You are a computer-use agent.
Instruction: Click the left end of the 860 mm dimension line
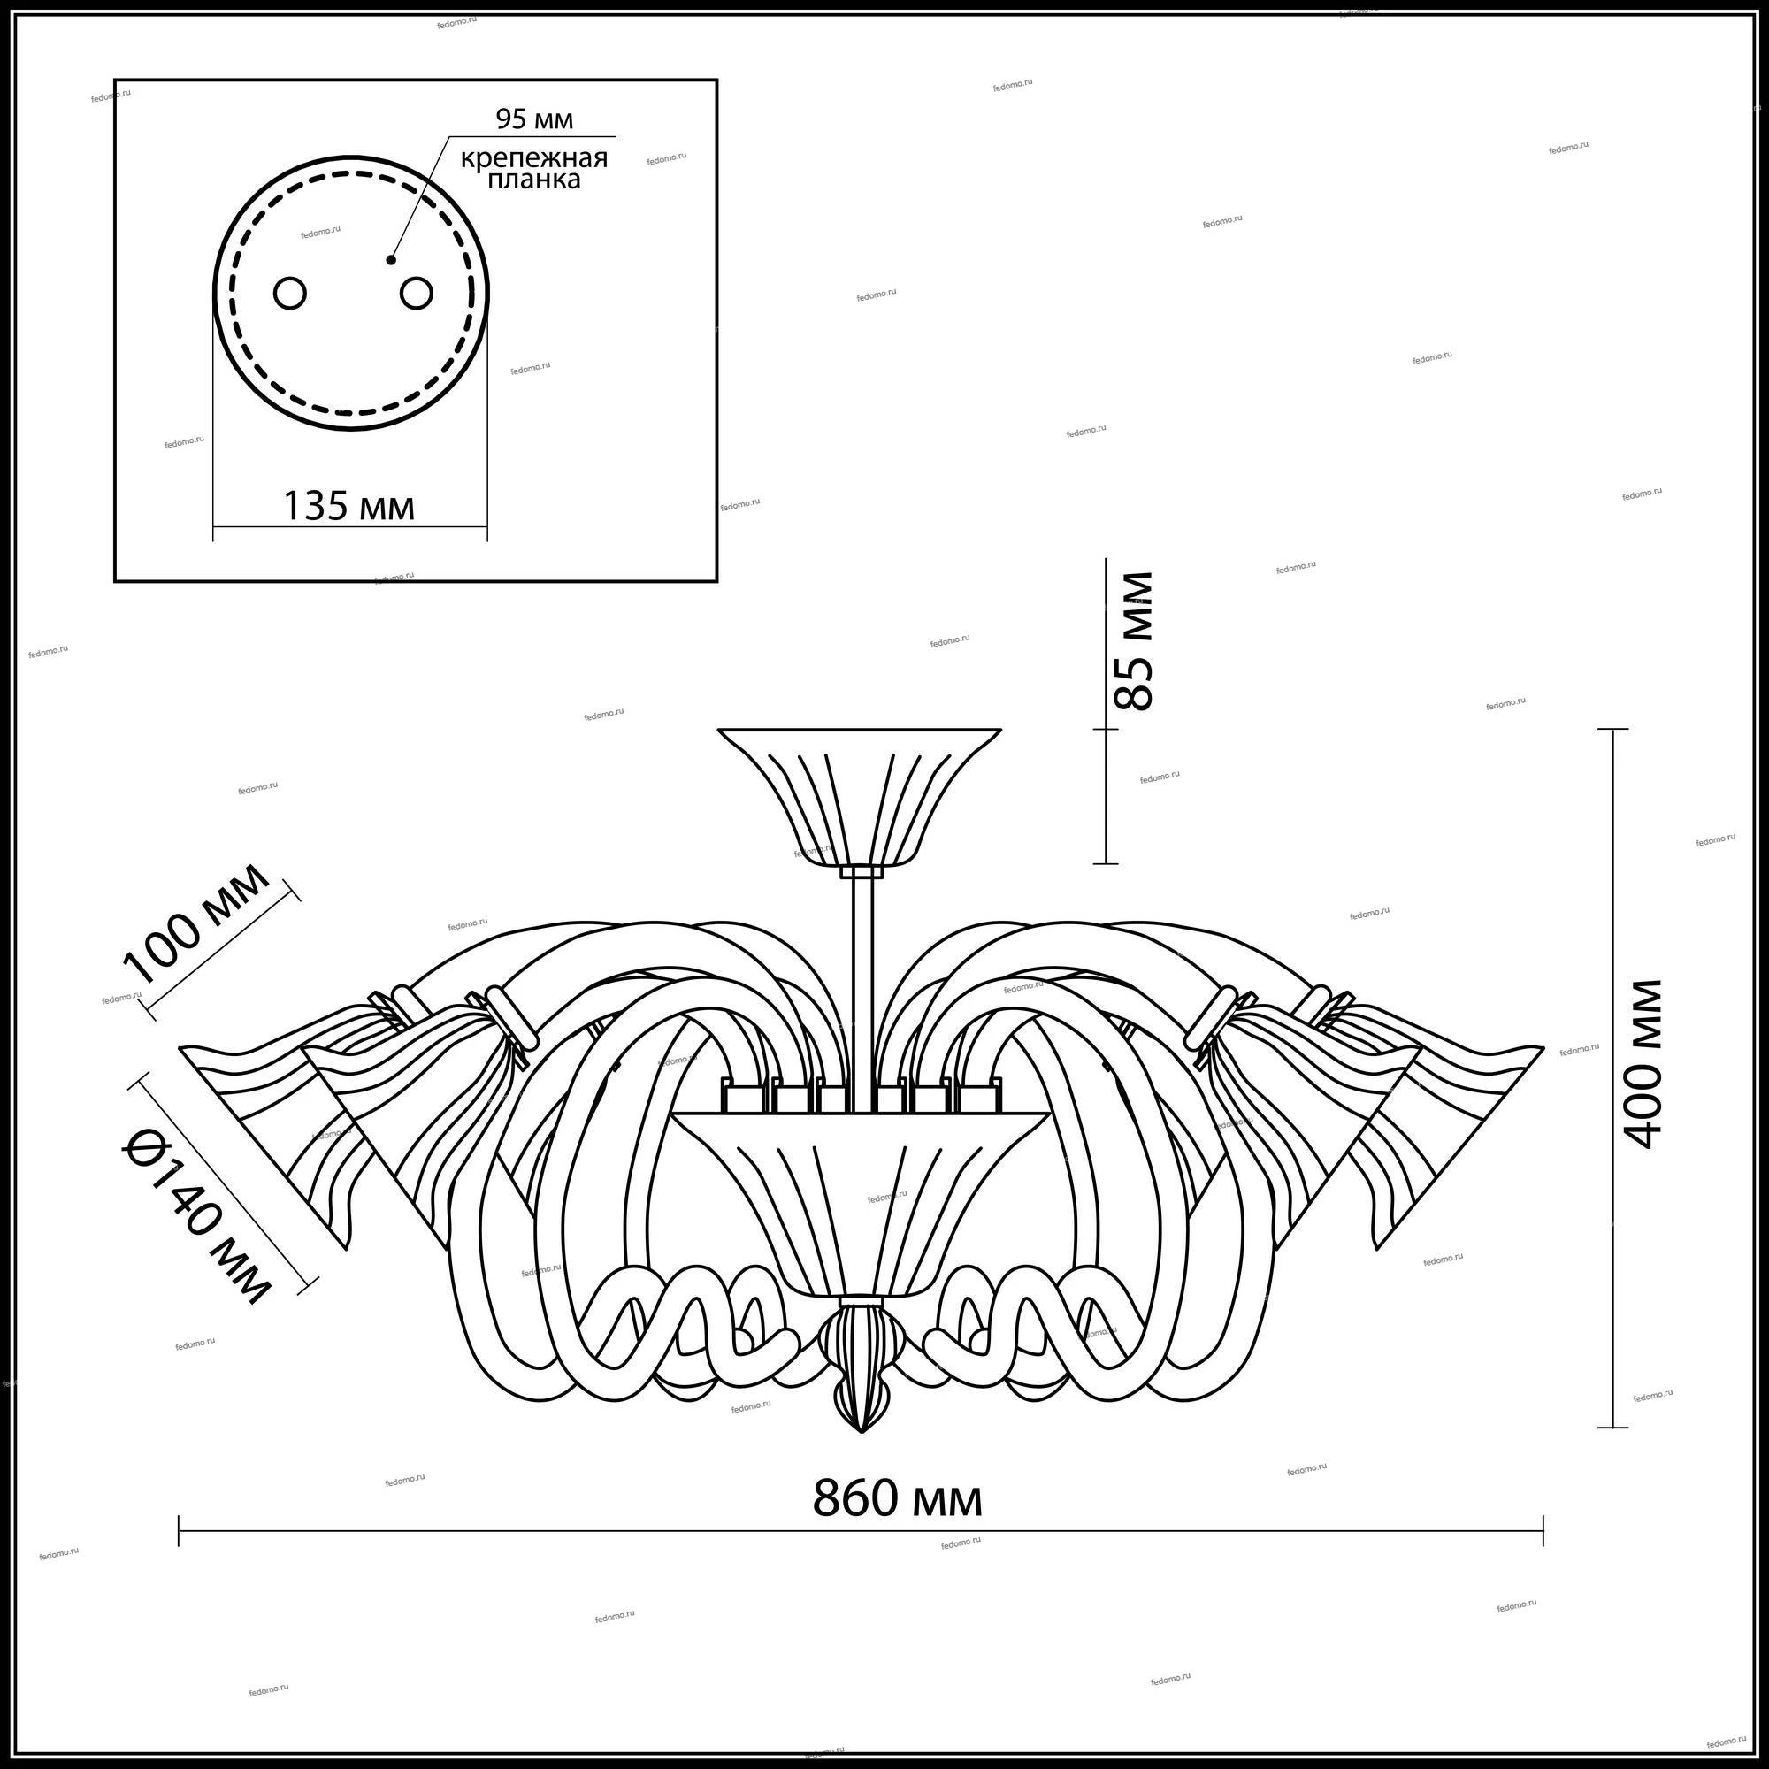[x=179, y=1543]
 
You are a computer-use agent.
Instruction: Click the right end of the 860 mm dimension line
[x=1543, y=1543]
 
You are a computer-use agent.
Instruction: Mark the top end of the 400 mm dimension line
[x=1612, y=729]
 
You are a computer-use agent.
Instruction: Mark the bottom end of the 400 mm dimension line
[x=1612, y=1428]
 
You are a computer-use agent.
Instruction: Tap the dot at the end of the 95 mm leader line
[x=391, y=260]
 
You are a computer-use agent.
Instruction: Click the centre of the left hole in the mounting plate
[x=290, y=294]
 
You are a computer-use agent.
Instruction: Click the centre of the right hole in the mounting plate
[x=416, y=294]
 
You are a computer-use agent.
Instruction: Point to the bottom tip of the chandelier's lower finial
[x=861, y=1433]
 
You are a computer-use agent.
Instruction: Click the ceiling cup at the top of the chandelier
[x=858, y=797]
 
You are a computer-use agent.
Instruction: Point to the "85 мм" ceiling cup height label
[x=1133, y=641]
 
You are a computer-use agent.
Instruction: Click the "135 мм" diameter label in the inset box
[x=348, y=505]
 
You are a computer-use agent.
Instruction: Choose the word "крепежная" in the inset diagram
[x=534, y=158]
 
